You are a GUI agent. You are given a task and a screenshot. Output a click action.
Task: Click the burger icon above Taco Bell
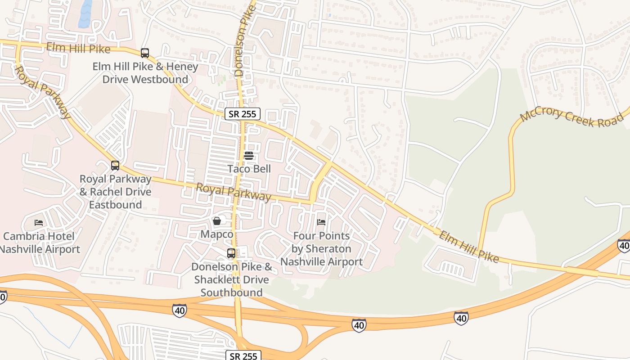pyautogui.click(x=249, y=156)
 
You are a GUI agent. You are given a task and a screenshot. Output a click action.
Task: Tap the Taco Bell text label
pyautogui.click(x=249, y=169)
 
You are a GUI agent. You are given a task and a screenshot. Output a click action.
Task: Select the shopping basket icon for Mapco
pyautogui.click(x=217, y=221)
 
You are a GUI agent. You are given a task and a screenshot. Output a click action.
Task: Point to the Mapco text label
pyautogui.click(x=217, y=234)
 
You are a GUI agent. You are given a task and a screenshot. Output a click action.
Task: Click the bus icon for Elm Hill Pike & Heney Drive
pyautogui.click(x=145, y=53)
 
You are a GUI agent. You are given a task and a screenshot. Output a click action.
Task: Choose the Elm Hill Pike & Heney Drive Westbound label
pyautogui.click(x=145, y=73)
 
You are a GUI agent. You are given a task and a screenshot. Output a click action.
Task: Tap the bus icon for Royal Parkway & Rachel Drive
pyautogui.click(x=115, y=166)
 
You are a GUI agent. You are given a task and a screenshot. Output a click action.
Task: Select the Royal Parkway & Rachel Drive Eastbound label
pyautogui.click(x=116, y=192)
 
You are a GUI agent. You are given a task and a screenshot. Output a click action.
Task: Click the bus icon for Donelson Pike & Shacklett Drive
pyautogui.click(x=231, y=253)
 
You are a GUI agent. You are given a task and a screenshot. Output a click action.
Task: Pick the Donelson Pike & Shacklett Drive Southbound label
pyautogui.click(x=232, y=279)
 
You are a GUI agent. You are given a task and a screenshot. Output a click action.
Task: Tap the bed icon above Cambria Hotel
pyautogui.click(x=39, y=223)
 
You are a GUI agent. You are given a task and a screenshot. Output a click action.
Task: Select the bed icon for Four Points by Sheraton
pyautogui.click(x=321, y=222)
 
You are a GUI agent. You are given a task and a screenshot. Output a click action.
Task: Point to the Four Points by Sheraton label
pyautogui.click(x=321, y=248)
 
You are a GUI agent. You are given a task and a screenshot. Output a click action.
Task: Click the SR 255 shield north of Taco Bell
pyautogui.click(x=243, y=114)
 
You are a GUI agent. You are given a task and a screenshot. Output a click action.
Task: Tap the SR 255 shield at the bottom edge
pyautogui.click(x=243, y=356)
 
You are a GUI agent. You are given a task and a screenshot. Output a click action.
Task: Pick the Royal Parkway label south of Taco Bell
pyautogui.click(x=234, y=192)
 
